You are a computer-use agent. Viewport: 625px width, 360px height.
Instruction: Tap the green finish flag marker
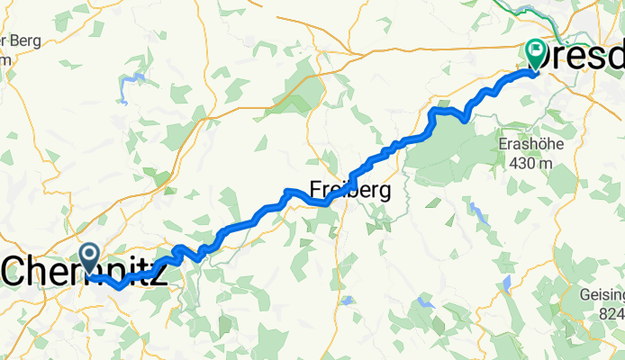pos(535,55)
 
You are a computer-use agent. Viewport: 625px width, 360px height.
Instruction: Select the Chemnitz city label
pos(86,273)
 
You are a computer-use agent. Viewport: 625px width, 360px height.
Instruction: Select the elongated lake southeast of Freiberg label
pos(476,212)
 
